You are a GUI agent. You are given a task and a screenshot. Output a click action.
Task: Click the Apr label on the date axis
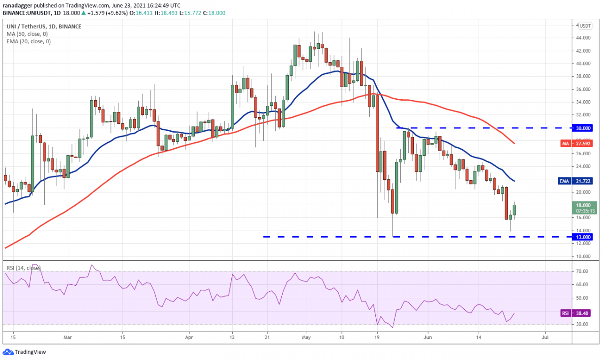pyautogui.click(x=189, y=337)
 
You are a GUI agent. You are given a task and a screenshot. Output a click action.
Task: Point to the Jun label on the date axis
pyautogui.click(x=428, y=337)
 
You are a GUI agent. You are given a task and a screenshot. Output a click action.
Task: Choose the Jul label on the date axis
pyautogui.click(x=546, y=337)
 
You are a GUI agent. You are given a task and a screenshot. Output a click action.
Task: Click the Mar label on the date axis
pyautogui.click(x=68, y=337)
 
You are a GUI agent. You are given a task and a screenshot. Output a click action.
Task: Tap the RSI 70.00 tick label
pyautogui.click(x=584, y=272)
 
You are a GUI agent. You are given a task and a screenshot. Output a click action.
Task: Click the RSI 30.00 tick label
pyautogui.click(x=584, y=325)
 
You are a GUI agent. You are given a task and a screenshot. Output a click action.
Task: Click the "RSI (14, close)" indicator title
pyautogui.click(x=24, y=268)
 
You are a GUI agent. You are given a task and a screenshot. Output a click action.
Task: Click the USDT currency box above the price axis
pyautogui.click(x=585, y=26)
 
